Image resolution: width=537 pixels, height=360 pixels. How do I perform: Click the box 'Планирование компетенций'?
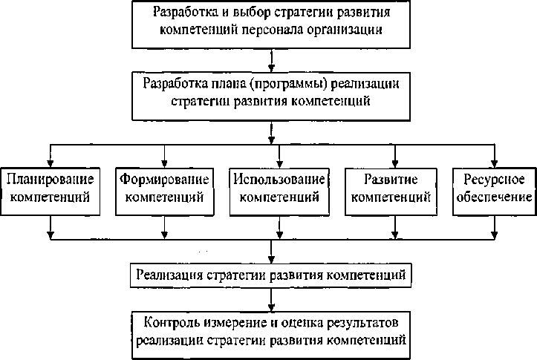coord(50,190)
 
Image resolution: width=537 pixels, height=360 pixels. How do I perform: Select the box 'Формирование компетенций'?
coord(163,190)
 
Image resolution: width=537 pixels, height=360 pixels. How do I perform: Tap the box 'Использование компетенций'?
coord(278,190)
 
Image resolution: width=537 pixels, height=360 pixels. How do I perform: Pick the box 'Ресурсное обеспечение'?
coord(494,190)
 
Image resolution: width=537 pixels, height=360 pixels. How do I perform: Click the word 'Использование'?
coord(278,180)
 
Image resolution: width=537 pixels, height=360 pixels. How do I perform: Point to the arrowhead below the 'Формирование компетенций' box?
coord(163,236)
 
